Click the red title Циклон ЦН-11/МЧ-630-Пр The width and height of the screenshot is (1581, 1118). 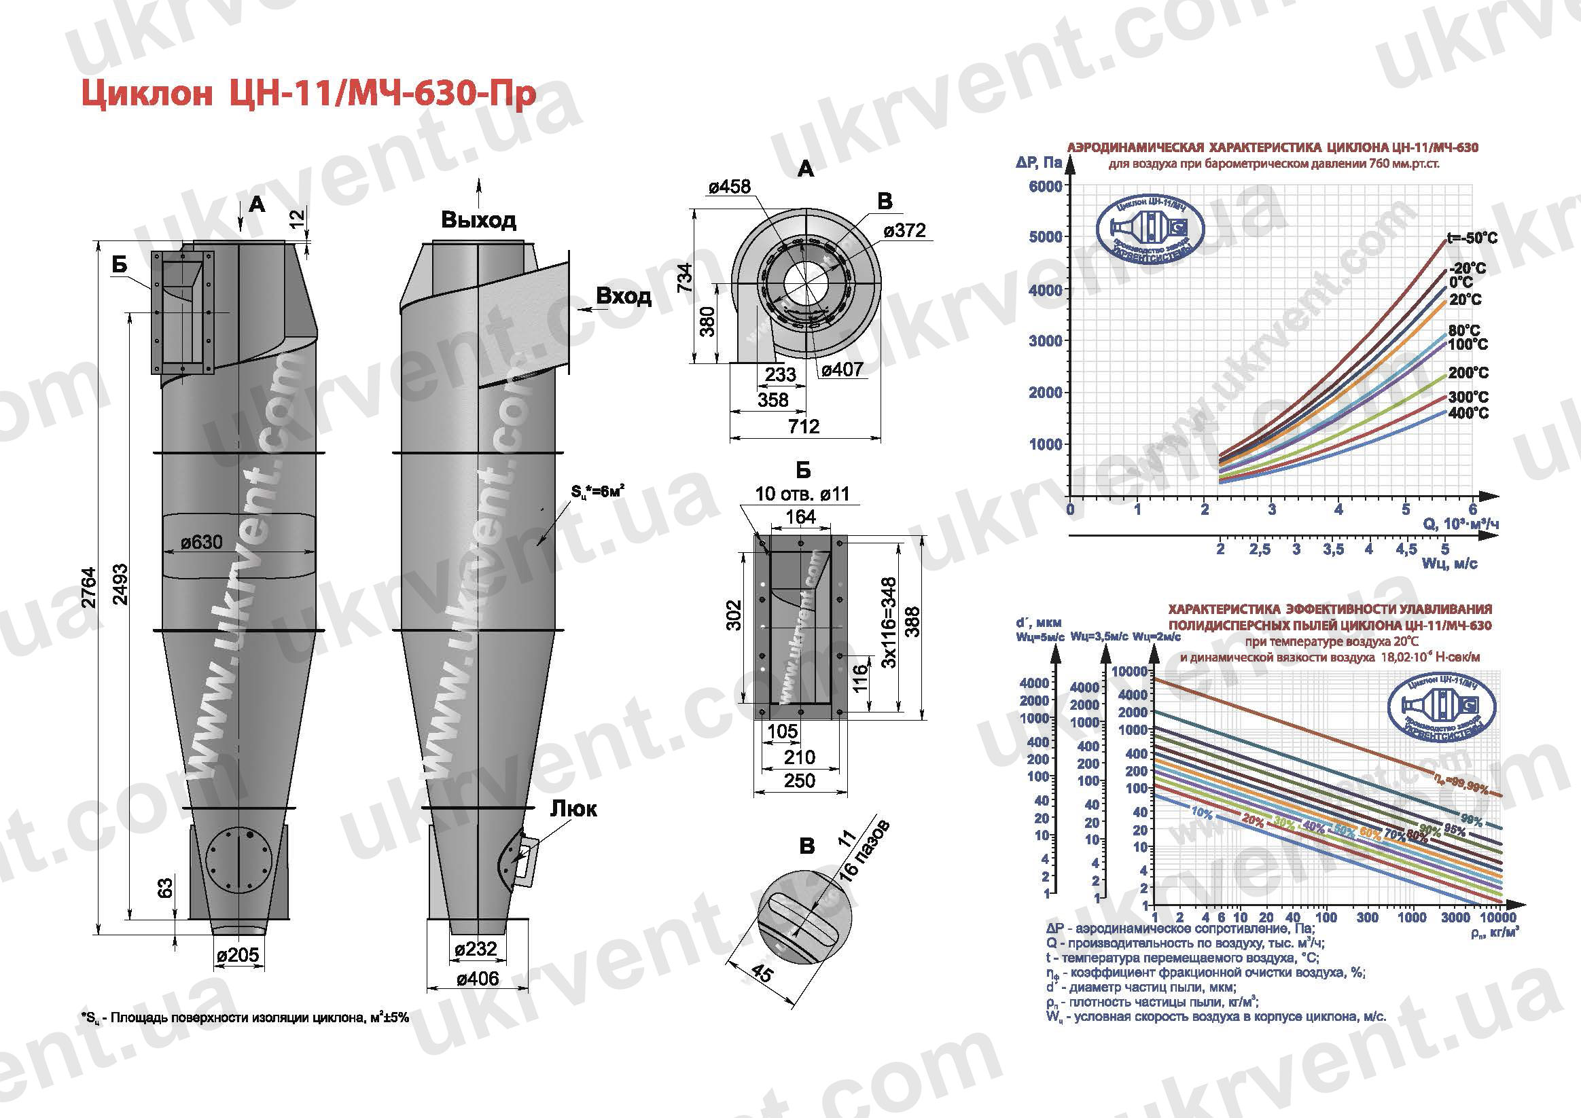pos(308,94)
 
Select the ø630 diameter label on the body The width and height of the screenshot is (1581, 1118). pos(202,543)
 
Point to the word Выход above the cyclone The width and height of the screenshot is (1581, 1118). pos(478,220)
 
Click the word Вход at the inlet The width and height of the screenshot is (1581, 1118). pos(623,296)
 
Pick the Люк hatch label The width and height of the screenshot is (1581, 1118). pos(573,808)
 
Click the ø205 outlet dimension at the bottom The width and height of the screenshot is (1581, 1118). pos(238,955)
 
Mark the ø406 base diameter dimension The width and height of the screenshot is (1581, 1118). pos(476,978)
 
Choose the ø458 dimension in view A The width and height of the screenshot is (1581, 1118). pos(729,187)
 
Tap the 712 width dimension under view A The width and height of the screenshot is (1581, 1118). pos(804,427)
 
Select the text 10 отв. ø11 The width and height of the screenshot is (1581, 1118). pos(802,494)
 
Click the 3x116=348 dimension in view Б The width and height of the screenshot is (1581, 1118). pos(889,623)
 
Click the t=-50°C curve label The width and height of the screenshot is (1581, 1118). pos(1472,238)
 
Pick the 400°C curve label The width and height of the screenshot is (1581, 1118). pos(1468,413)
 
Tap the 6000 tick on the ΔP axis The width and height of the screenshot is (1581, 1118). pos(1045,186)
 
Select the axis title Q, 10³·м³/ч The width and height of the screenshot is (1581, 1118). pos(1461,524)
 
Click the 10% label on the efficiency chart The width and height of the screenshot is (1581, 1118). pos(1202,813)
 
